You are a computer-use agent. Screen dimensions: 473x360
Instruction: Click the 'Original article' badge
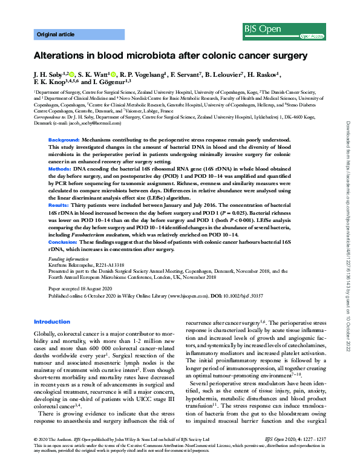[55, 36]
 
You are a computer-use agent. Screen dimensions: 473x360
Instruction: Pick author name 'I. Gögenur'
[116, 83]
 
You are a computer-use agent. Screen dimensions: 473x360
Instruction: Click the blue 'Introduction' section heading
[52, 322]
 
